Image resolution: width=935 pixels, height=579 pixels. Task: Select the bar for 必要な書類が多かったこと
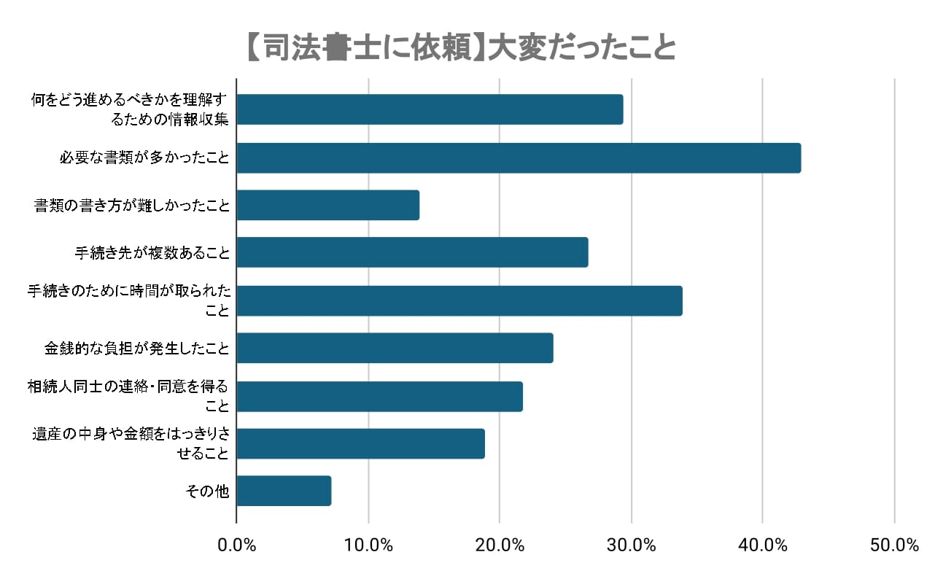519,158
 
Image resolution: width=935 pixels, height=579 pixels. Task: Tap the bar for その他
284,491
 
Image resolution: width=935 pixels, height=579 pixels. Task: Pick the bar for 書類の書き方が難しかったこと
327,205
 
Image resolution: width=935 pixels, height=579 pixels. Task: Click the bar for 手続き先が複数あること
412,252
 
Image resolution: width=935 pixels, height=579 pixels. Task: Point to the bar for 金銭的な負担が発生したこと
395,348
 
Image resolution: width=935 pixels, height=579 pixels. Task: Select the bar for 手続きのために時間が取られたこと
459,300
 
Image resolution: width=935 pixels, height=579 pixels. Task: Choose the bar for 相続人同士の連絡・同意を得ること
379,396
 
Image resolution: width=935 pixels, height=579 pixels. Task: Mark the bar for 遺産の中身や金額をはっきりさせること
360,443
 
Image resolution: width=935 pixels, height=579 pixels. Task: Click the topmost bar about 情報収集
430,109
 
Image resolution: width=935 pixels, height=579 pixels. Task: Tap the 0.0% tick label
237,545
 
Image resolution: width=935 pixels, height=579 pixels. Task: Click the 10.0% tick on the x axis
368,545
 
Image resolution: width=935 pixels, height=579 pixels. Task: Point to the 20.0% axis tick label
500,545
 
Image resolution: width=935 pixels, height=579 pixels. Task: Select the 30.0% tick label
631,545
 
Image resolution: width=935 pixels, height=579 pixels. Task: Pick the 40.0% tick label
762,545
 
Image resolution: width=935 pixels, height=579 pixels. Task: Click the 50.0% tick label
894,545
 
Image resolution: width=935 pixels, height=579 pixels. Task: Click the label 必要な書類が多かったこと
144,158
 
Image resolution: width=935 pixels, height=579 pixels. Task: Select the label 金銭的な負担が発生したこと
137,349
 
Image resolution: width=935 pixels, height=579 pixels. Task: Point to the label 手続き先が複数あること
152,253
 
